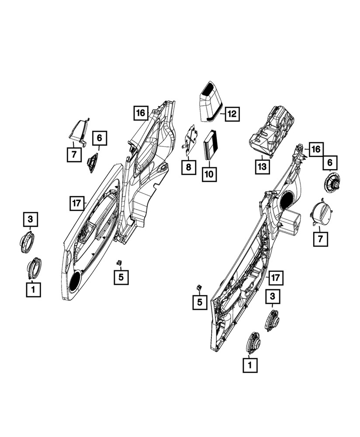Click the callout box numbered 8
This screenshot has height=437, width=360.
189,167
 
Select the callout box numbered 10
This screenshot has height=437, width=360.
209,174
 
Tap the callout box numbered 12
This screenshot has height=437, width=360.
232,114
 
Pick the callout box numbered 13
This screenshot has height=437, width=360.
262,166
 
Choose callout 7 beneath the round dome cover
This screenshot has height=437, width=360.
320,239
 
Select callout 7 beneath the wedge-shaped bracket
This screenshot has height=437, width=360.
74,154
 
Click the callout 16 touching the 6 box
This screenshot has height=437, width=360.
316,149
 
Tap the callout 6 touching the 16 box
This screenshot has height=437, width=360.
330,162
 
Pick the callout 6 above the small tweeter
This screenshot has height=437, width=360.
100,138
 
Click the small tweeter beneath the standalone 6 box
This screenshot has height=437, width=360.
93,162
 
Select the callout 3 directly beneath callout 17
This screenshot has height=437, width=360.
273,296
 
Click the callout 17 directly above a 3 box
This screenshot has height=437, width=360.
275,277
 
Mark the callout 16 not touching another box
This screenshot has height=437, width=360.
141,113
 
